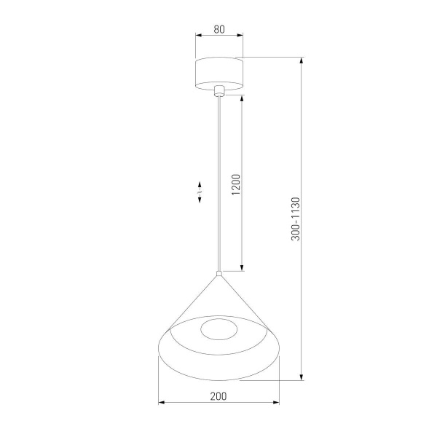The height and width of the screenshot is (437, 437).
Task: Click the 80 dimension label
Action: tap(219, 30)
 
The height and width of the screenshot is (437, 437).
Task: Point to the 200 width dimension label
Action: tap(219, 396)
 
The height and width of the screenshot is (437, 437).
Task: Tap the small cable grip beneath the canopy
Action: tap(219, 91)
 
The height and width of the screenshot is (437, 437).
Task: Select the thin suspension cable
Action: tap(219, 182)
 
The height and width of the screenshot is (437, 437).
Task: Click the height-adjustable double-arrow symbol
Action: tap(202, 192)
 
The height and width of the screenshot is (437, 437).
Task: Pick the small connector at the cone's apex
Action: tap(219, 275)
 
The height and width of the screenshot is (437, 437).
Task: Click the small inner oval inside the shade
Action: tap(219, 329)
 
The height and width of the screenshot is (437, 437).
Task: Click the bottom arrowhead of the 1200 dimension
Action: tap(242, 268)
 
